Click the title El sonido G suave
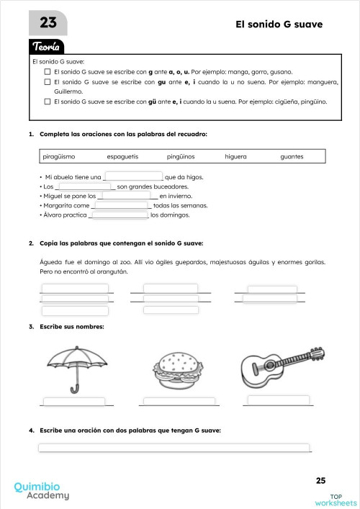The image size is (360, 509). click(x=279, y=24)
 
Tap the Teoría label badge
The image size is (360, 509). click(x=47, y=47)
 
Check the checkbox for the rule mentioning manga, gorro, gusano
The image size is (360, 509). click(x=48, y=73)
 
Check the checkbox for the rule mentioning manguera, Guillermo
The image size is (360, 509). click(x=48, y=83)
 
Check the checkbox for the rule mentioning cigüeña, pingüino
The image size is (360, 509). click(x=48, y=102)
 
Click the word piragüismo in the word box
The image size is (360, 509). click(x=60, y=156)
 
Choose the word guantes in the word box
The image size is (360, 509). click(x=292, y=156)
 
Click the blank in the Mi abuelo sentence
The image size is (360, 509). click(x=134, y=176)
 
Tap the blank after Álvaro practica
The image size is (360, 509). click(x=118, y=215)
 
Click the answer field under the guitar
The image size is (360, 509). click(x=278, y=400)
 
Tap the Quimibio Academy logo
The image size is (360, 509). click(x=42, y=490)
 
